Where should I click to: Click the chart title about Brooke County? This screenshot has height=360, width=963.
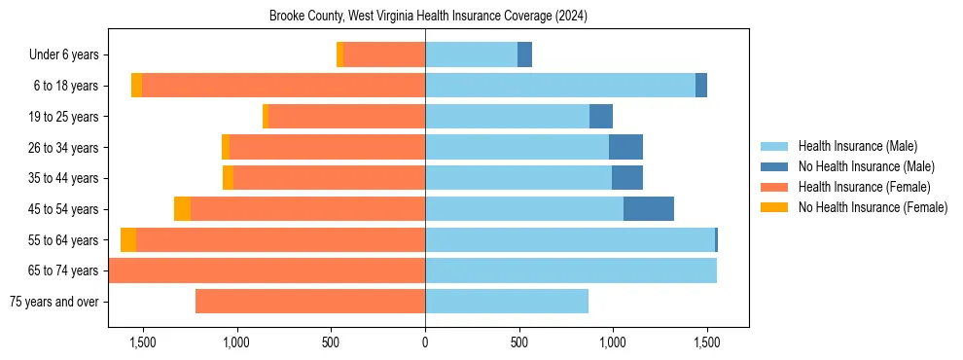(x=428, y=16)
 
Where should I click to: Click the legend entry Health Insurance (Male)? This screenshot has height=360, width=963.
(x=856, y=146)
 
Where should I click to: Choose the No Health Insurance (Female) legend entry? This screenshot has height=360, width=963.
(x=873, y=207)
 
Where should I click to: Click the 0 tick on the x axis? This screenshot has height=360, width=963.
(x=425, y=342)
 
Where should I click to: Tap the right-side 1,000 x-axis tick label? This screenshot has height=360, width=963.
(x=613, y=342)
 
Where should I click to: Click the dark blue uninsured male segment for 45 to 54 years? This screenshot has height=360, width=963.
(x=649, y=209)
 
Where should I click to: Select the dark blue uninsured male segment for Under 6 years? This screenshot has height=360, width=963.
(x=524, y=55)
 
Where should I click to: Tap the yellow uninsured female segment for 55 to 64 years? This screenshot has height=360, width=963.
(x=128, y=240)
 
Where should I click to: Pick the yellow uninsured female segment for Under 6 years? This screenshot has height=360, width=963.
(x=340, y=55)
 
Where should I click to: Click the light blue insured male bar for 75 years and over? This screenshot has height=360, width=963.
(x=507, y=302)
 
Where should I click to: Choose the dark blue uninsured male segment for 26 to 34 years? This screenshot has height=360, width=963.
(x=625, y=148)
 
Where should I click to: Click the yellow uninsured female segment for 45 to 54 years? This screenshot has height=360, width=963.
(x=182, y=209)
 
